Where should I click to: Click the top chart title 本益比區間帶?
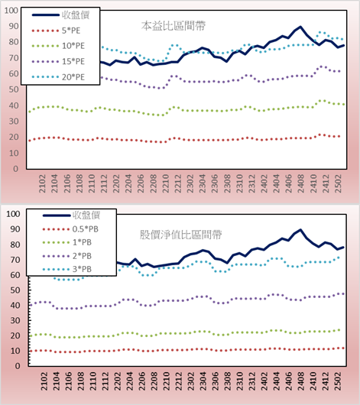(x=174, y=26)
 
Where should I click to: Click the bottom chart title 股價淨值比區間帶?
(x=181, y=235)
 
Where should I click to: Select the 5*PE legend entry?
(x=56, y=31)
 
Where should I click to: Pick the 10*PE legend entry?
(x=58, y=46)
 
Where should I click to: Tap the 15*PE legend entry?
(x=58, y=61)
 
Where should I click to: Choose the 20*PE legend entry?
(x=58, y=77)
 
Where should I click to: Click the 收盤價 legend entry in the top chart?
(x=60, y=15)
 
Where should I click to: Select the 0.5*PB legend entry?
(x=70, y=229)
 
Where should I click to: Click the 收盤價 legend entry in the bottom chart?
(x=71, y=215)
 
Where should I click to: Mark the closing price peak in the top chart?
(x=300, y=27)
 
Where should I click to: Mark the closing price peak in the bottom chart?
(x=300, y=229)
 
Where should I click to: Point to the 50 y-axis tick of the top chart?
(x=14, y=89)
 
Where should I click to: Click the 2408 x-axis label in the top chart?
(x=301, y=183)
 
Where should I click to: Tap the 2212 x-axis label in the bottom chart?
(x=179, y=381)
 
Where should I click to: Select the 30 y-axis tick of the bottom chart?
(x=15, y=320)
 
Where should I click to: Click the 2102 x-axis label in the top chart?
(x=42, y=183)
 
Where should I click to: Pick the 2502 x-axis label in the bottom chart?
(x=338, y=381)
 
